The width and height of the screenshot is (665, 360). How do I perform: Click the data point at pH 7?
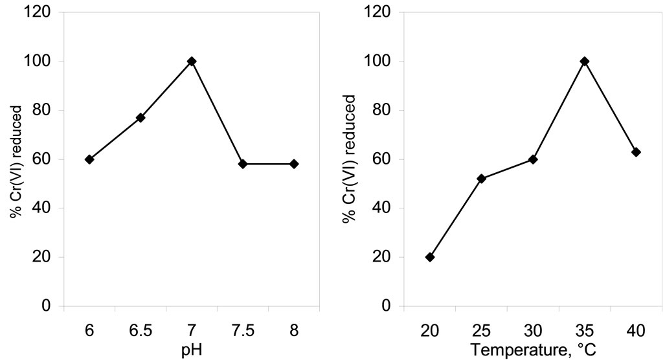192,61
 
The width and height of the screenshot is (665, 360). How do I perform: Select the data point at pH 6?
89,159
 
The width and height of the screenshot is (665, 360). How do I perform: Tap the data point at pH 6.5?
141,118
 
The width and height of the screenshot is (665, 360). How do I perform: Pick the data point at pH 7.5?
243,164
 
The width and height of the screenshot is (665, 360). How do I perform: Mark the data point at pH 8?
294,164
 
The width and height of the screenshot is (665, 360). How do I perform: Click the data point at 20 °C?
430,257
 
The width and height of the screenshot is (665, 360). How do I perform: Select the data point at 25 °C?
481,179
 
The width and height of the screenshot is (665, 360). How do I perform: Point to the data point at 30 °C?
533,159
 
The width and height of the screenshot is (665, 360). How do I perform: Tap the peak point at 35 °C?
585,61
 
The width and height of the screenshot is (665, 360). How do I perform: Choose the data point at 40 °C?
636,152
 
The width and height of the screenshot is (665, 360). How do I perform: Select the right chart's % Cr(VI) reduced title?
350,159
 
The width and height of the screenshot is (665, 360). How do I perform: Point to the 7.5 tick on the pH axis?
243,330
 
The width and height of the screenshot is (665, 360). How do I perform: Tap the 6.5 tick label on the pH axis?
141,330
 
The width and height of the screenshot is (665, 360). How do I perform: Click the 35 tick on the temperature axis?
585,330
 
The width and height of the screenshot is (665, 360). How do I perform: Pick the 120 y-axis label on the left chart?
43,12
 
